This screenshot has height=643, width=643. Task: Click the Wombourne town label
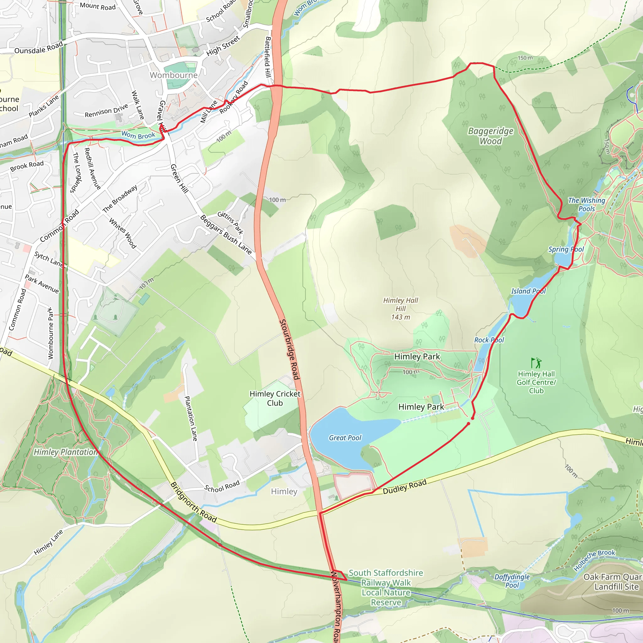(x=173, y=75)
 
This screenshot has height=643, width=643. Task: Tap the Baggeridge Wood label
(x=491, y=136)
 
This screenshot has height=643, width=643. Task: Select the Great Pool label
(x=345, y=438)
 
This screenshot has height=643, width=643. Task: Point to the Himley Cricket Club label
(x=275, y=398)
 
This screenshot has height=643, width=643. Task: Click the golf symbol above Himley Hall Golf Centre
(x=536, y=362)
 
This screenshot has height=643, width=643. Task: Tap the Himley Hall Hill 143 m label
(x=400, y=309)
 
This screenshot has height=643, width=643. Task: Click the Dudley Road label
(x=404, y=487)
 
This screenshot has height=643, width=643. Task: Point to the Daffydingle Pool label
(x=512, y=581)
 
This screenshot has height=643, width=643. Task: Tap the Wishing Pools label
(x=586, y=204)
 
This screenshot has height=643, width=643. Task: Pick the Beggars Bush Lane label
(x=226, y=235)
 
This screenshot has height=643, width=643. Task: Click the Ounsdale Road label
(x=39, y=48)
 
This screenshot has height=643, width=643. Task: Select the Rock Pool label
(x=489, y=340)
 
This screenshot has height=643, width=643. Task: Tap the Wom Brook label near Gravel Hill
(x=138, y=135)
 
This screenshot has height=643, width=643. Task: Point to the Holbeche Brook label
(x=594, y=559)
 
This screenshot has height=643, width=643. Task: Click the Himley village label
(x=284, y=492)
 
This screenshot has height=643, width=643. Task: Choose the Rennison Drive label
(x=106, y=111)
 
